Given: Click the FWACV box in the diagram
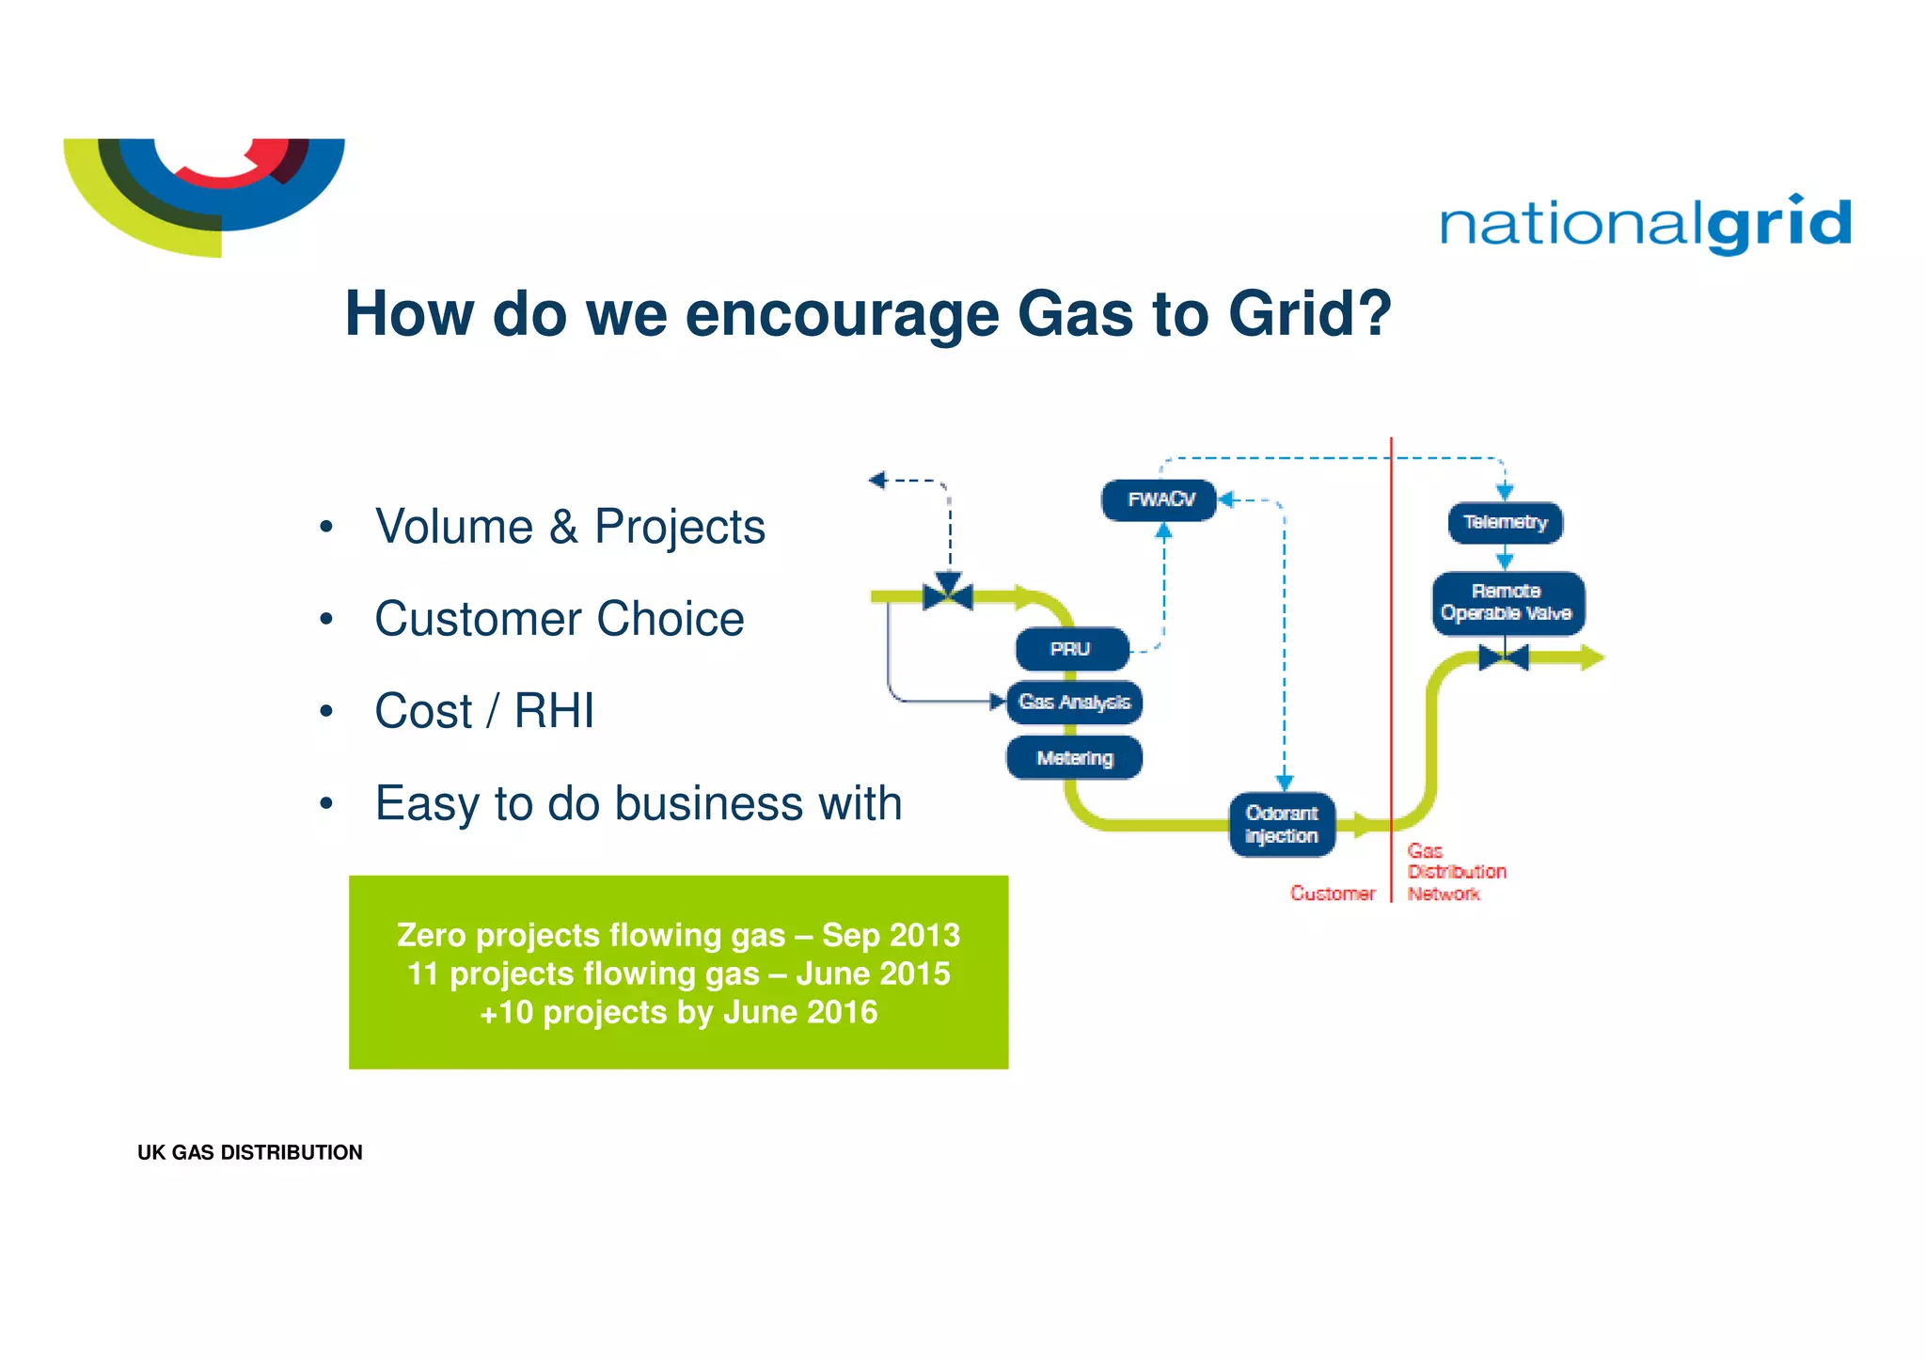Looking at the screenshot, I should (x=1160, y=499).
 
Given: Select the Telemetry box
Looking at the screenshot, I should (x=1505, y=522).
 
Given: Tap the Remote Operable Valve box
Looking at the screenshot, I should (x=1508, y=603).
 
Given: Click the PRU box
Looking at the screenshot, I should (x=1071, y=649).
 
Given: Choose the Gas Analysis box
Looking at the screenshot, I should (x=1074, y=703).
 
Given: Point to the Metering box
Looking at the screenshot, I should (x=1074, y=758).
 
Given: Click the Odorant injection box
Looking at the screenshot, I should (x=1282, y=825).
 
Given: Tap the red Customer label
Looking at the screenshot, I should (x=1332, y=894).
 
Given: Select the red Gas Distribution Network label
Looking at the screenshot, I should (x=1454, y=872).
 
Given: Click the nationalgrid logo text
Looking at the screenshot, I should (x=1645, y=225).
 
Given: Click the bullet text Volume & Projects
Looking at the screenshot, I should (x=570, y=527).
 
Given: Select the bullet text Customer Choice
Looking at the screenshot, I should (x=560, y=619).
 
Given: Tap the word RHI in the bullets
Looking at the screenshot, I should (x=554, y=711).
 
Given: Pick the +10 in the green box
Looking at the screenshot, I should (x=506, y=1013).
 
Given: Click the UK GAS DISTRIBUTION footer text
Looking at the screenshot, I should (x=249, y=1152).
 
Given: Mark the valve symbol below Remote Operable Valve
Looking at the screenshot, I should (x=1504, y=657).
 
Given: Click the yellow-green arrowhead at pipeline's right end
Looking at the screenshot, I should (x=1591, y=657).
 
